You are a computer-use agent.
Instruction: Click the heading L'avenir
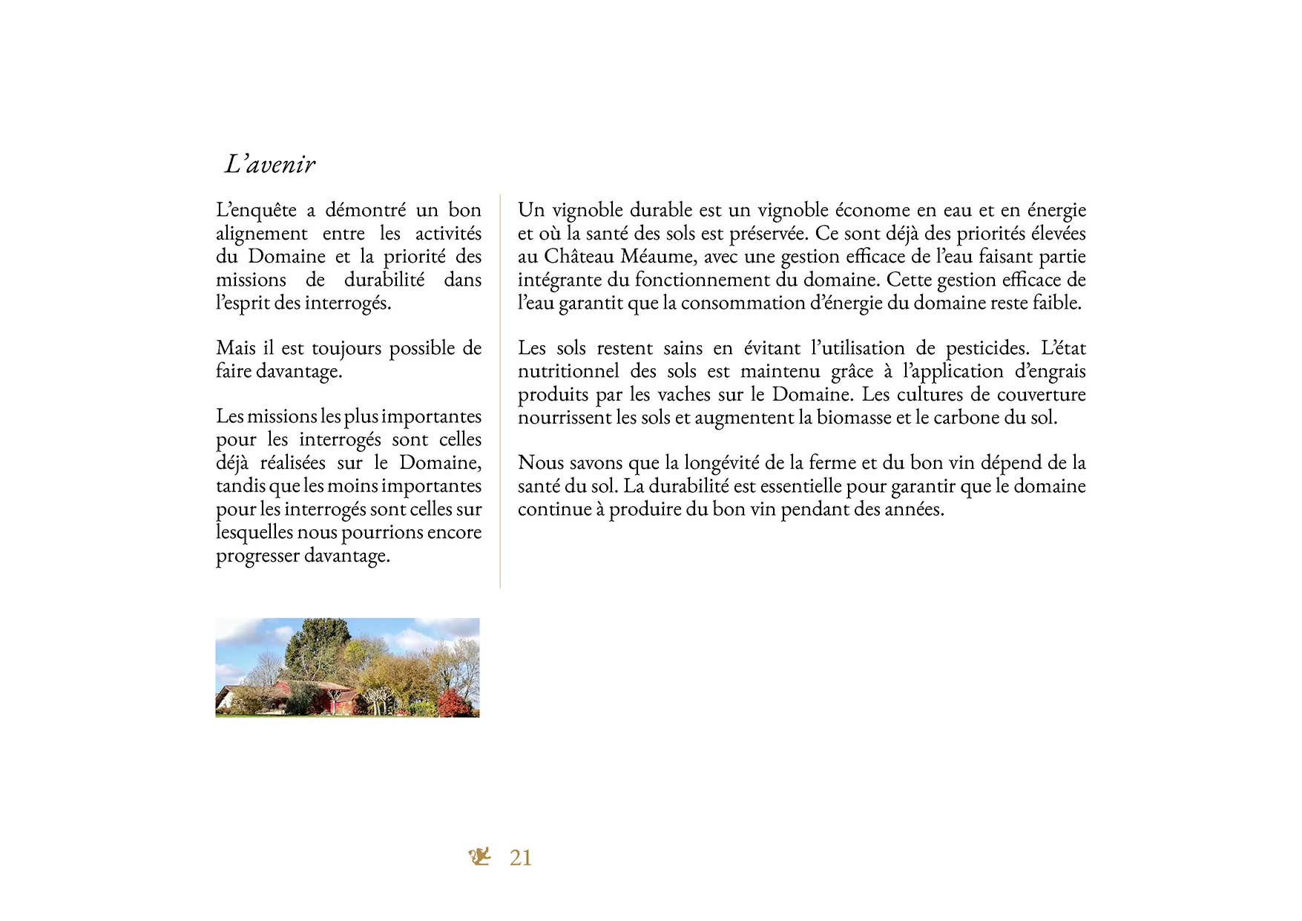[x=270, y=164]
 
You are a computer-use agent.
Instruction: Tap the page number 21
[x=520, y=858]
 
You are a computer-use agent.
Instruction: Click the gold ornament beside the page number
[x=480, y=856]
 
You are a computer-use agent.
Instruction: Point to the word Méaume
[x=658, y=257]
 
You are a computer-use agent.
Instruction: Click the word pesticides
[x=987, y=349]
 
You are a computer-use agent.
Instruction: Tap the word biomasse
[x=854, y=418]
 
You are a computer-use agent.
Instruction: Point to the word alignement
[x=261, y=235]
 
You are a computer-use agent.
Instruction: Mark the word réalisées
[x=292, y=463]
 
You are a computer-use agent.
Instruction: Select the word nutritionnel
[x=568, y=372]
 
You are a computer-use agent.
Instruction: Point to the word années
[x=914, y=510]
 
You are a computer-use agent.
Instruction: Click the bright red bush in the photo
[x=453, y=702]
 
